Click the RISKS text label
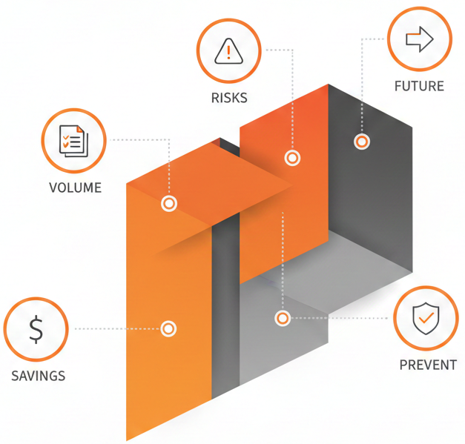point(229,98)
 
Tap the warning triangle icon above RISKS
point(229,51)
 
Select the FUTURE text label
point(419,86)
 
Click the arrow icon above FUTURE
point(419,39)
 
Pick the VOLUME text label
point(75,188)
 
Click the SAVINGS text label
point(38,376)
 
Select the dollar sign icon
point(36,329)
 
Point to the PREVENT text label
point(428,365)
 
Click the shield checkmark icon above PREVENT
point(426,319)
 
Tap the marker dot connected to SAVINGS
point(168,328)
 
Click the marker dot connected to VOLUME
point(169,203)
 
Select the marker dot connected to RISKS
point(292,158)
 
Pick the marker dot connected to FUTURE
point(361,142)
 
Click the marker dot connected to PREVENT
point(283,319)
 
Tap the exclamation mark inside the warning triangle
point(229,53)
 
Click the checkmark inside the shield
point(426,319)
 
